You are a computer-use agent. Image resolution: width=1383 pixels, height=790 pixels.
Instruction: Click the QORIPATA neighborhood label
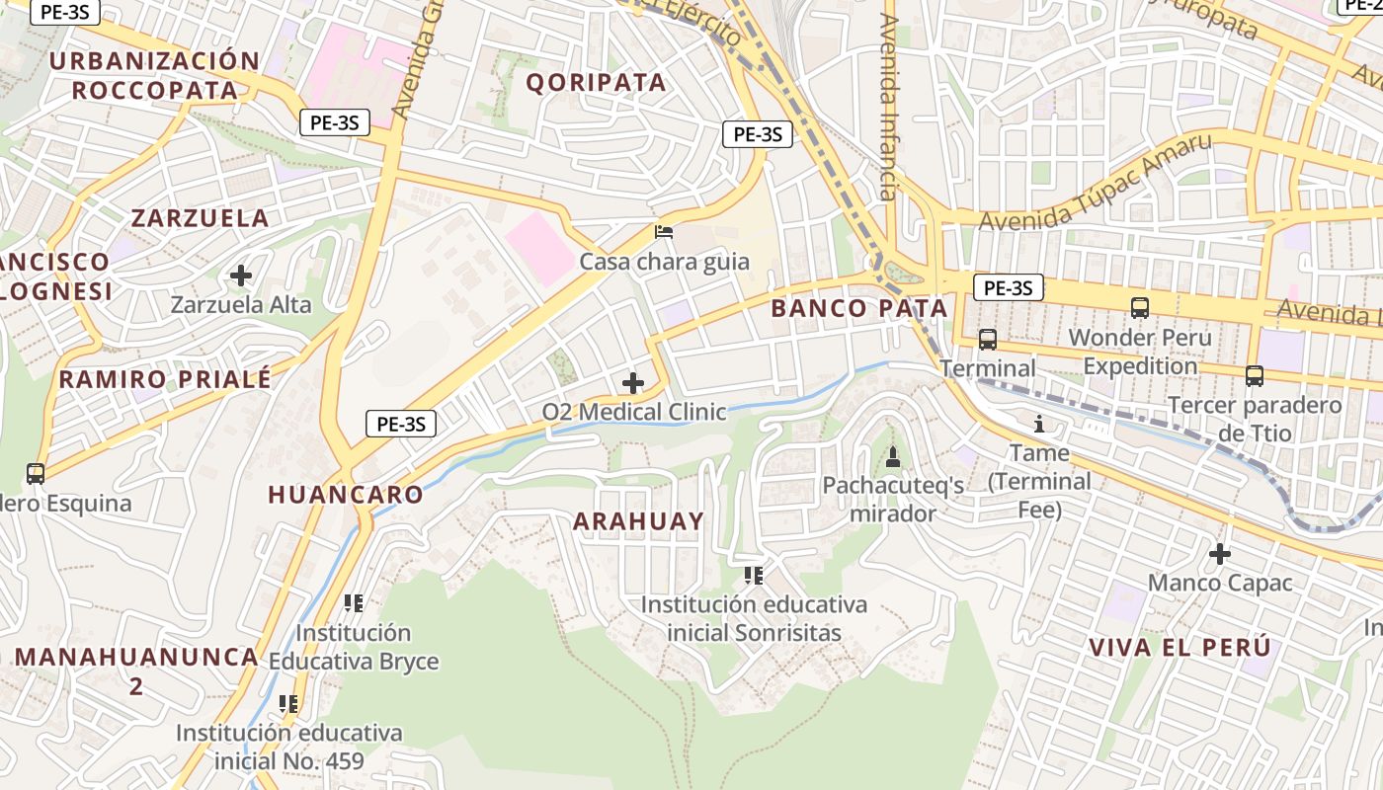[x=596, y=82]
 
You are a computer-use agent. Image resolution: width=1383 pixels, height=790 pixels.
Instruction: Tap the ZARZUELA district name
[x=200, y=218]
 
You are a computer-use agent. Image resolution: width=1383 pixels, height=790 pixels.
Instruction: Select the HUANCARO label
[x=346, y=495]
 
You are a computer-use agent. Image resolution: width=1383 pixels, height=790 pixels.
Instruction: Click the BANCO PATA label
[x=858, y=308]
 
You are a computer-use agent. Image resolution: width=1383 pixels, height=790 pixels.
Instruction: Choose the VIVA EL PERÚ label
[x=1179, y=648]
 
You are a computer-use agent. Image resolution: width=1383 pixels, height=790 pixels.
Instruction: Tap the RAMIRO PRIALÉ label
[x=165, y=379]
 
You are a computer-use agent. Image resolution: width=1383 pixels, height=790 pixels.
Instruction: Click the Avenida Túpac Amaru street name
[x=1095, y=184]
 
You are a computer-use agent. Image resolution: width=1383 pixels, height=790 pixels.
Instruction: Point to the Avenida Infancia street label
[x=890, y=107]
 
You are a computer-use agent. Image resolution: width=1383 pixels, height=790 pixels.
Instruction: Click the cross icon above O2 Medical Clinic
[x=633, y=382]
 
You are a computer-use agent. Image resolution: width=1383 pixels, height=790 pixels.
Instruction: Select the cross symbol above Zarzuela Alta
[x=240, y=276]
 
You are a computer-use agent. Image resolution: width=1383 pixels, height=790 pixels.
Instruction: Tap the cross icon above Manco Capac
[x=1220, y=554]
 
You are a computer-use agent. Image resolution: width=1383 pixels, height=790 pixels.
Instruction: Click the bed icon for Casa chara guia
[x=665, y=233]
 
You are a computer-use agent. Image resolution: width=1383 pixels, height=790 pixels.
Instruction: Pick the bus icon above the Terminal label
[x=987, y=340]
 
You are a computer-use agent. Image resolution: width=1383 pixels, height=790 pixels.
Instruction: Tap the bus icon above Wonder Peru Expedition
[x=1139, y=308]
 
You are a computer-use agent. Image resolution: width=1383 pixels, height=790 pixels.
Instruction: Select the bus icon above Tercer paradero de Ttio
[x=1254, y=376]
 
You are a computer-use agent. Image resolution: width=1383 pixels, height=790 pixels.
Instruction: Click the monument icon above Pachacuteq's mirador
[x=893, y=456]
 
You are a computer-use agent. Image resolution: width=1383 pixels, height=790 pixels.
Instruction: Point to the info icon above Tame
[x=1038, y=426]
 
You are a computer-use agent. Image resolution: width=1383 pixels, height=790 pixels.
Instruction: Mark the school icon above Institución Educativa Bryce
[x=354, y=602]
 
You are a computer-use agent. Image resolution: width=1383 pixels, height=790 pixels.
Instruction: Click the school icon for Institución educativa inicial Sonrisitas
[x=754, y=575]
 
